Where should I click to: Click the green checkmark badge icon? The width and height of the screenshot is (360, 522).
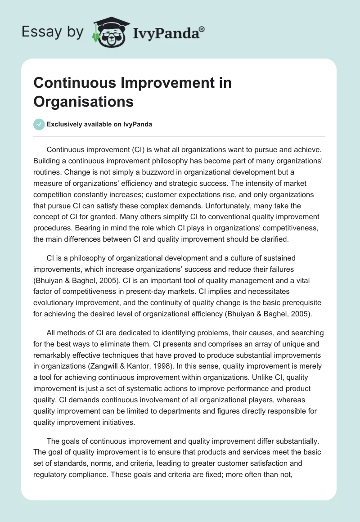pos(39,124)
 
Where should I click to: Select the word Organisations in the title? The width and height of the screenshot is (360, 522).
pos(84,101)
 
